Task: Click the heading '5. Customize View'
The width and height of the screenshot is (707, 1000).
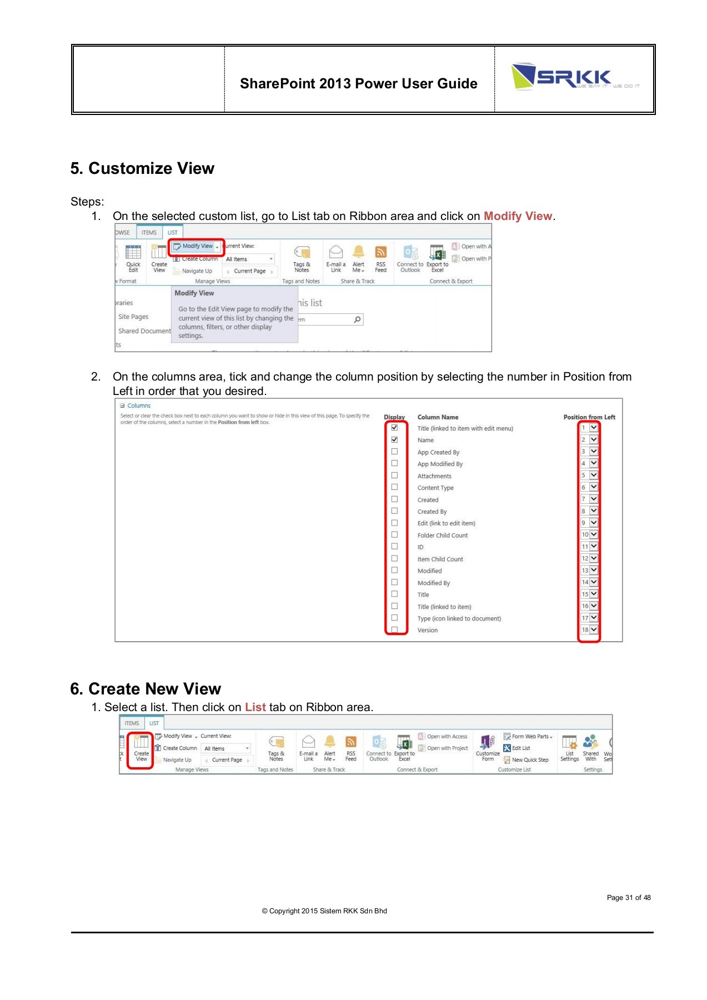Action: coord(142,168)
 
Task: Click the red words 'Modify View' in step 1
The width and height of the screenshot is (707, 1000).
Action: coord(518,216)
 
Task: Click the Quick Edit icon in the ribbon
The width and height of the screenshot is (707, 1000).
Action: coord(133,259)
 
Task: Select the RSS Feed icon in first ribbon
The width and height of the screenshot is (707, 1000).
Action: coord(380,259)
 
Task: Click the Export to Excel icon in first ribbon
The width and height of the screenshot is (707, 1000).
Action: coord(438,259)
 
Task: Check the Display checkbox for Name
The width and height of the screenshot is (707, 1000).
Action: coord(394,439)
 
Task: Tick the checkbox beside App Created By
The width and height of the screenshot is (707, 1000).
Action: coord(394,452)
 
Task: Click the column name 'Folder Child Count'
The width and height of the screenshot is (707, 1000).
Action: coord(443,536)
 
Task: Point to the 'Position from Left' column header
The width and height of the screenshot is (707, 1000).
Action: coord(589,417)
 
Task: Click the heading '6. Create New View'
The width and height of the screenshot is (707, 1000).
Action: coord(146,689)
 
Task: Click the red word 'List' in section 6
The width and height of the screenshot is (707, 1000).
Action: coord(255,707)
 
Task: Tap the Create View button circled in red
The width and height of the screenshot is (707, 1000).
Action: coord(141,750)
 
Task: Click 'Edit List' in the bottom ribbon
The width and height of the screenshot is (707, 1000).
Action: coord(520,748)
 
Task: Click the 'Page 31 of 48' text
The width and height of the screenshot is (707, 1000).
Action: coord(628,898)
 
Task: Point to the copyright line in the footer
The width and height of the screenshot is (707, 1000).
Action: coord(324,911)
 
